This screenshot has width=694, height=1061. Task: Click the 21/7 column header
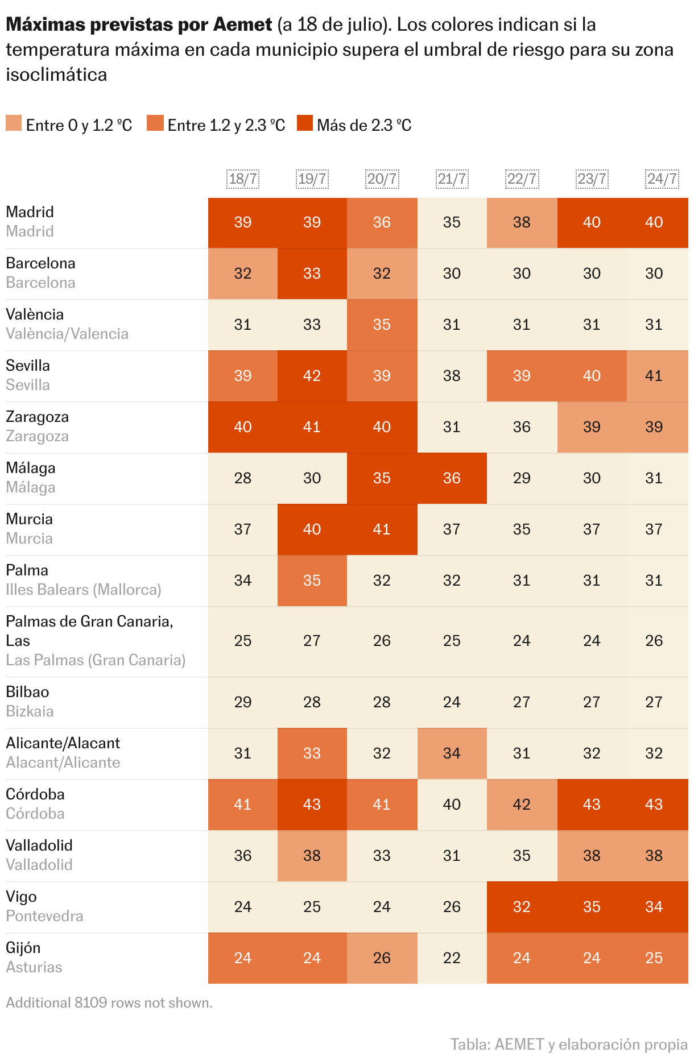(x=452, y=179)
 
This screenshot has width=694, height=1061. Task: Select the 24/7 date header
(x=662, y=179)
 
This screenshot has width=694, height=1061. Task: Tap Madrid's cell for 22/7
(x=522, y=222)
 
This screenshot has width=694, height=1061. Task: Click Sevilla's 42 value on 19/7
(x=312, y=376)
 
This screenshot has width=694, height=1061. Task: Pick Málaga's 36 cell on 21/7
(x=452, y=478)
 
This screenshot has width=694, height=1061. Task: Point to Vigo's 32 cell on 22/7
(x=522, y=907)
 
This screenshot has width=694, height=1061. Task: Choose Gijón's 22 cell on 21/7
(x=452, y=958)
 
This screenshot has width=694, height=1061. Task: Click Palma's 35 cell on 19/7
(x=312, y=581)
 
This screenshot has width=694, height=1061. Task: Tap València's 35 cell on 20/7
(x=382, y=325)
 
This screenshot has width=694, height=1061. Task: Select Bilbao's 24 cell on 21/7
(x=452, y=702)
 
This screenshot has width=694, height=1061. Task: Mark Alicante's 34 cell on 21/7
(x=452, y=753)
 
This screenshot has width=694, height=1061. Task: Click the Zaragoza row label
(x=37, y=417)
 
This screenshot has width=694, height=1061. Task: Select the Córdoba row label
(x=35, y=794)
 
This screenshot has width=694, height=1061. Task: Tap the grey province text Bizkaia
(x=30, y=711)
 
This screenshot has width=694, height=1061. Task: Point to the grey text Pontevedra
(x=44, y=916)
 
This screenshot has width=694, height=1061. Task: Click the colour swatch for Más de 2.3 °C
(x=305, y=123)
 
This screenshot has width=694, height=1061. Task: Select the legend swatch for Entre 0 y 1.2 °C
(x=14, y=123)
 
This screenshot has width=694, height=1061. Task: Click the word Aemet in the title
(x=242, y=24)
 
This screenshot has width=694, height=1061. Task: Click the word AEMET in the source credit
(x=519, y=1044)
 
